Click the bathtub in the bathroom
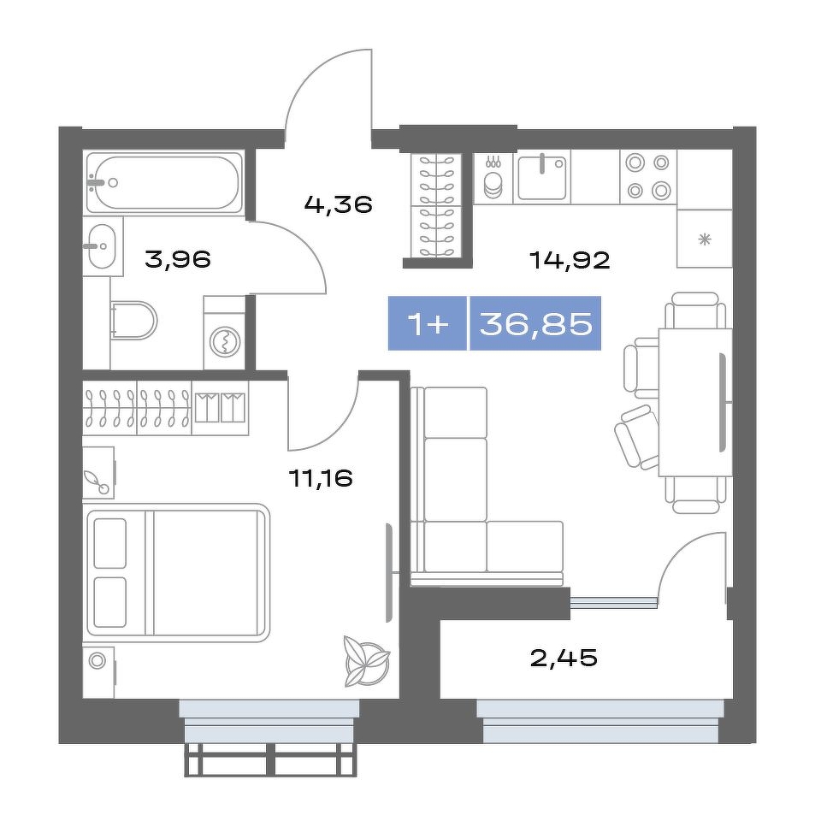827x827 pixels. [164, 182]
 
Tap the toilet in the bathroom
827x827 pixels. [134, 320]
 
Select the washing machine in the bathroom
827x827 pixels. [225, 334]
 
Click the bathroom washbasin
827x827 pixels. [100, 245]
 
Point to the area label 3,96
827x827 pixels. [178, 259]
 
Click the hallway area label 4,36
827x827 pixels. [339, 204]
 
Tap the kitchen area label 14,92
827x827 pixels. [570, 260]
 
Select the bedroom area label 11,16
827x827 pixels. [321, 478]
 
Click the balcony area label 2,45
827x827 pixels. [564, 658]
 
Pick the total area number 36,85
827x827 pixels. [536, 323]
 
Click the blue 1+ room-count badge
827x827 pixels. [428, 323]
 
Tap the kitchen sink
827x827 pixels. [541, 178]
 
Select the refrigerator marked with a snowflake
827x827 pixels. [705, 239]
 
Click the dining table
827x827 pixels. [695, 403]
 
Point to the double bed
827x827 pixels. [178, 572]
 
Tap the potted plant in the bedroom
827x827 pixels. [367, 661]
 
